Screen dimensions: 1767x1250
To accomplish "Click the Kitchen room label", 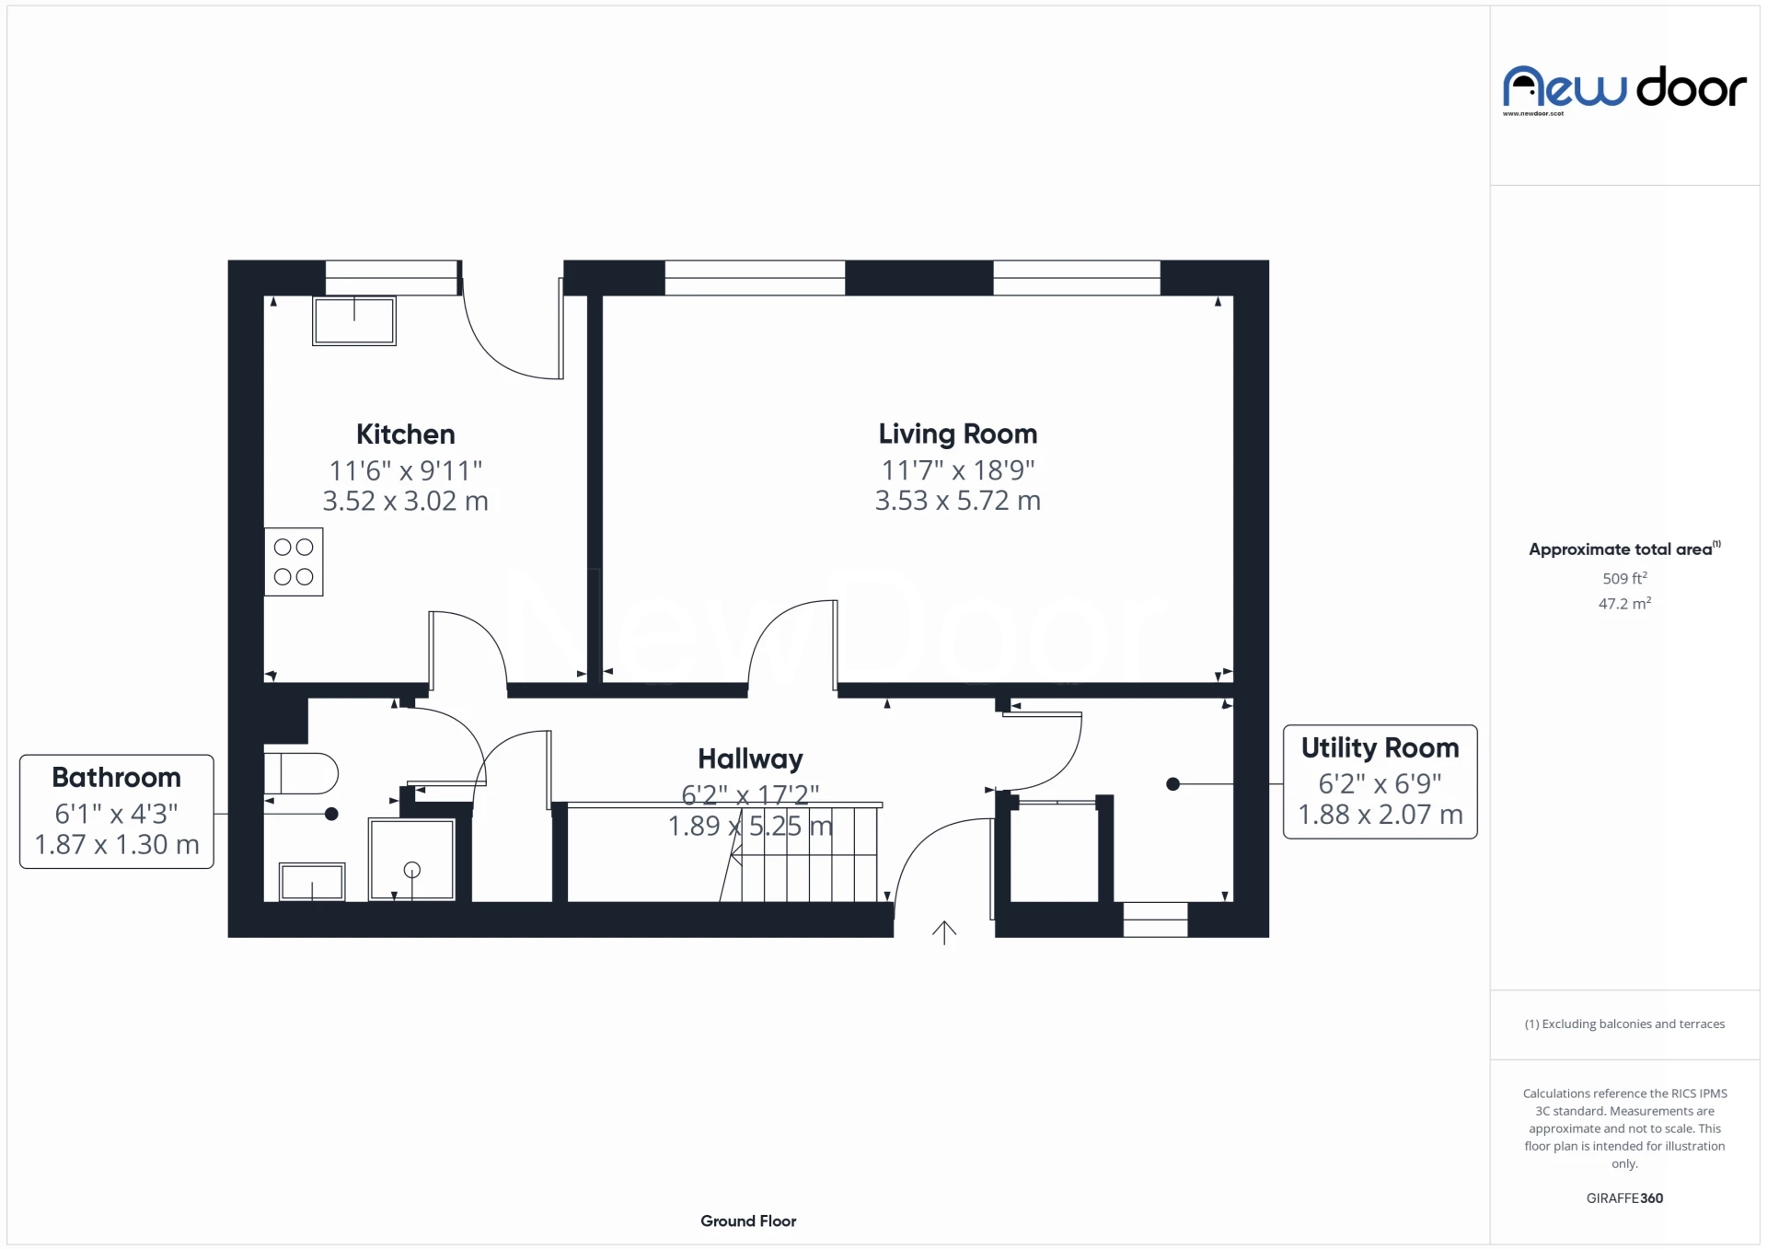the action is point(405,434).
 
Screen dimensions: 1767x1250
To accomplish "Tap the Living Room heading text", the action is point(957,434).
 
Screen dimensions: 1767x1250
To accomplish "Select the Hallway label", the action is point(750,758).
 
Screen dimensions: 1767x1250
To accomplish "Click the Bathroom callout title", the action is point(116,777).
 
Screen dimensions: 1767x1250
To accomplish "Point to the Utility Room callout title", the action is point(1380,747).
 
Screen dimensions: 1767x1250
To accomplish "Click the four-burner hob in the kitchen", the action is point(294,561).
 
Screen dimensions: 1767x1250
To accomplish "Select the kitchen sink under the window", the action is point(354,320).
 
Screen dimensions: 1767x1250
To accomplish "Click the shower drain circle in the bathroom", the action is point(412,870).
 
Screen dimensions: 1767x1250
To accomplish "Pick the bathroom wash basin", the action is point(312,882).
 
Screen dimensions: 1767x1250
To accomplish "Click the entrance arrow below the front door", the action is point(944,932).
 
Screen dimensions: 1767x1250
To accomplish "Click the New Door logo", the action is point(1624,89).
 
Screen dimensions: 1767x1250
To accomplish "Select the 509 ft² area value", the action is point(1624,578).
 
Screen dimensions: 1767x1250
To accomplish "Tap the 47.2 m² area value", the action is point(1624,603).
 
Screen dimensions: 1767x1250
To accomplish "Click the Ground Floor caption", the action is point(748,1221).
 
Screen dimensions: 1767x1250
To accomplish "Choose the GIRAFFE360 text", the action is point(1624,1198).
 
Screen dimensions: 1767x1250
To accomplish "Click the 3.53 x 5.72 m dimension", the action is point(957,501).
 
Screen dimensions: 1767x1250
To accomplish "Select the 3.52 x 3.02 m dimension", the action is point(405,501).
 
